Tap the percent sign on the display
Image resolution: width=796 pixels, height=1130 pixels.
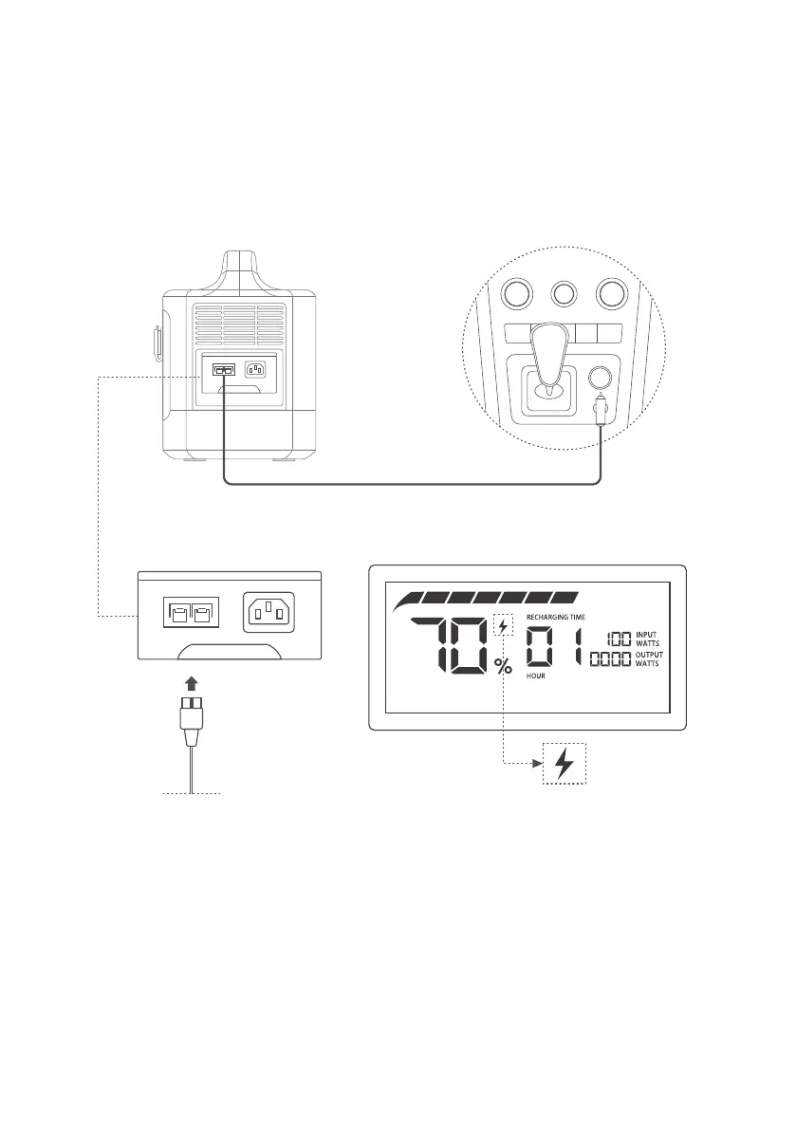pyautogui.click(x=503, y=665)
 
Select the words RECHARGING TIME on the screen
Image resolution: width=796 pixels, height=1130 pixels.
pyautogui.click(x=555, y=617)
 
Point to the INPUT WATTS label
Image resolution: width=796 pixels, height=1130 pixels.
pyautogui.click(x=648, y=639)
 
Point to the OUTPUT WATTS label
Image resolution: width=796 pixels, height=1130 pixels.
pyautogui.click(x=649, y=658)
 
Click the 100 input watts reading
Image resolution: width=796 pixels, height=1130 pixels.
pyautogui.click(x=618, y=639)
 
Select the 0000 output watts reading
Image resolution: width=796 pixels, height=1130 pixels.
pyautogui.click(x=611, y=658)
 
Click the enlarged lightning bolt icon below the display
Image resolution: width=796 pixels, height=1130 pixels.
pyautogui.click(x=565, y=763)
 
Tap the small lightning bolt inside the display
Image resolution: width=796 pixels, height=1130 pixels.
pyautogui.click(x=503, y=625)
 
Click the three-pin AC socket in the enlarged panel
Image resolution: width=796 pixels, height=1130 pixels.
pyautogui.click(x=270, y=611)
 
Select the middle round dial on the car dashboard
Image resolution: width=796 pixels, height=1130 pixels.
pyautogui.click(x=565, y=293)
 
